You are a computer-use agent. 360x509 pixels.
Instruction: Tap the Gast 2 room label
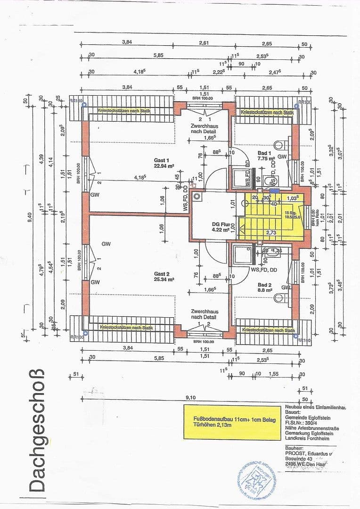[161, 273]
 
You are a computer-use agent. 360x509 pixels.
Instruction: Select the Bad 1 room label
[264, 153]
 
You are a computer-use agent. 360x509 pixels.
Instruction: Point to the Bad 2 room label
[265, 285]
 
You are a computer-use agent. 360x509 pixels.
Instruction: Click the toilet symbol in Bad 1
[279, 145]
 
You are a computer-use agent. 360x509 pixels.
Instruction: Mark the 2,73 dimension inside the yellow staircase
[271, 233]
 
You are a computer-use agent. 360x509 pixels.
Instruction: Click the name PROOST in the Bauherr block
[297, 453]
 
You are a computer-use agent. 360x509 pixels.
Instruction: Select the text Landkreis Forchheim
[307, 438]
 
